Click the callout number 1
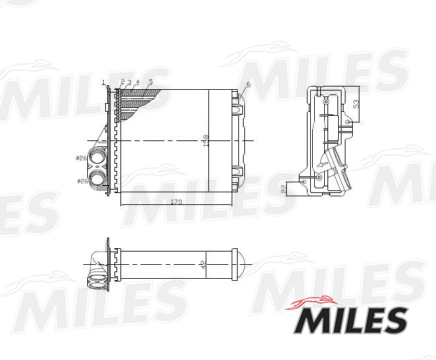pos(104,82)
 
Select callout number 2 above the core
pos(122,82)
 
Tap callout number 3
pos(129,82)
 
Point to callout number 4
pos(137,82)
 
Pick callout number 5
pos(151,82)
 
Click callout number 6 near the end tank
pos(248,84)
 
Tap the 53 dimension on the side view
pos(356,104)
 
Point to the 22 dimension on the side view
pos(284,188)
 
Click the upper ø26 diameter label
pos(82,158)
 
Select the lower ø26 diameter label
pos(82,180)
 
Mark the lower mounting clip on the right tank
pos(238,172)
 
